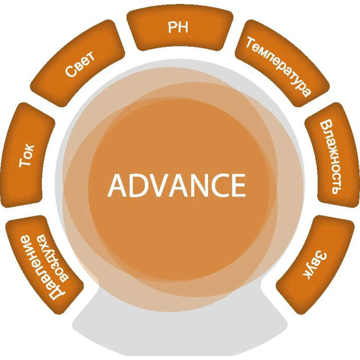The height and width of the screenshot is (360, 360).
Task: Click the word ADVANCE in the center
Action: pos(176,185)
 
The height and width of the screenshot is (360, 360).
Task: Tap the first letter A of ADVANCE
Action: pos(118,185)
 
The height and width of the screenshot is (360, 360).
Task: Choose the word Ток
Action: pos(26,156)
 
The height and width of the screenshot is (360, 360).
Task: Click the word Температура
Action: pos(279,67)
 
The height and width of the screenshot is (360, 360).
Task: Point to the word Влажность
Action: pos(330,158)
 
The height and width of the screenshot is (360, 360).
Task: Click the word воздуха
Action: pos(54,258)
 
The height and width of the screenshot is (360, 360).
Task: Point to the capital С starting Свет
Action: pos(71,71)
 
